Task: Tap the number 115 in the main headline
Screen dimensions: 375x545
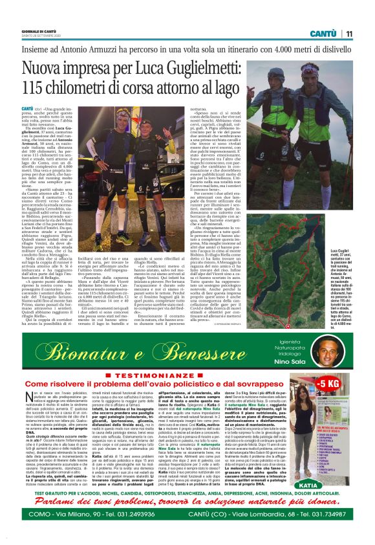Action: (37, 87)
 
